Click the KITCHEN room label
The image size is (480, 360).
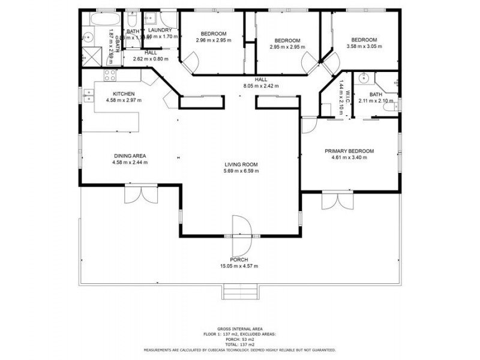(x=124, y=94)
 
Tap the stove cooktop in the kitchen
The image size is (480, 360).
(x=111, y=76)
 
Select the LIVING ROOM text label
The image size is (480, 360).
(x=241, y=164)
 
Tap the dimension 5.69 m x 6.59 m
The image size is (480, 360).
(x=241, y=171)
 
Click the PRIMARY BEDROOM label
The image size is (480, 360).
(x=349, y=151)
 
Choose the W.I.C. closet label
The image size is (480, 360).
(x=346, y=96)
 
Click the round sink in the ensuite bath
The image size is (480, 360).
(x=363, y=79)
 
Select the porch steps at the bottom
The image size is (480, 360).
(x=241, y=292)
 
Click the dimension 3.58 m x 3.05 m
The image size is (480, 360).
(x=364, y=46)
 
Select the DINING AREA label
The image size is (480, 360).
(x=130, y=156)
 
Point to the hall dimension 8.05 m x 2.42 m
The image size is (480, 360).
(x=260, y=86)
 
